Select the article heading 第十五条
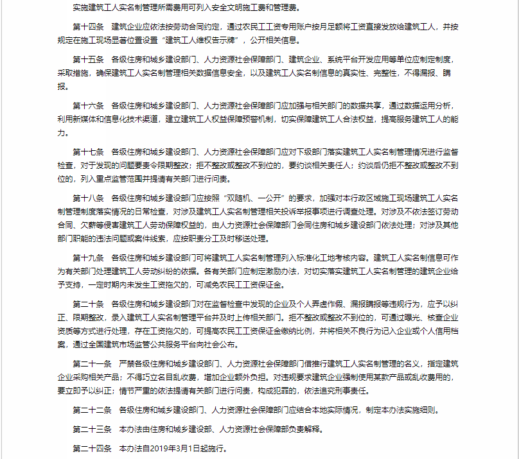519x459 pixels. [x=88, y=59]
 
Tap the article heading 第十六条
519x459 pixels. [x=88, y=105]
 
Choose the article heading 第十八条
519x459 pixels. [x=88, y=198]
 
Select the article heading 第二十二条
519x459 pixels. [x=92, y=410]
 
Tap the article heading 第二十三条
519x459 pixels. [x=92, y=429]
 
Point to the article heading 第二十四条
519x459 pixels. [x=92, y=448]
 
